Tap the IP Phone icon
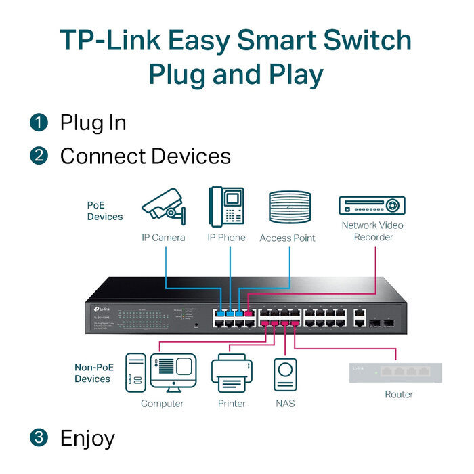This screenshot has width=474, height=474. point(227,207)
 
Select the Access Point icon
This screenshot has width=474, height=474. point(289,209)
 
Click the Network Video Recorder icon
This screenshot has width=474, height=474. point(372,206)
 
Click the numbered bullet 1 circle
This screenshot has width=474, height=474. point(39,123)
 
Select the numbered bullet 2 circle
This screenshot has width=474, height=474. point(39,156)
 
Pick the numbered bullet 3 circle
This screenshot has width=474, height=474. point(39,438)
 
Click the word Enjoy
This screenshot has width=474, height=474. point(87,438)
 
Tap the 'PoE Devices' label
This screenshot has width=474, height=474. point(104,211)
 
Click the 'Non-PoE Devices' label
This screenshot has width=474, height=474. point(92,373)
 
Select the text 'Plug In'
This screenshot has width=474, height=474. point(93,123)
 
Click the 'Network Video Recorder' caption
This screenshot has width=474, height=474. point(372,231)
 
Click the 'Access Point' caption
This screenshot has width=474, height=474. point(287,238)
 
